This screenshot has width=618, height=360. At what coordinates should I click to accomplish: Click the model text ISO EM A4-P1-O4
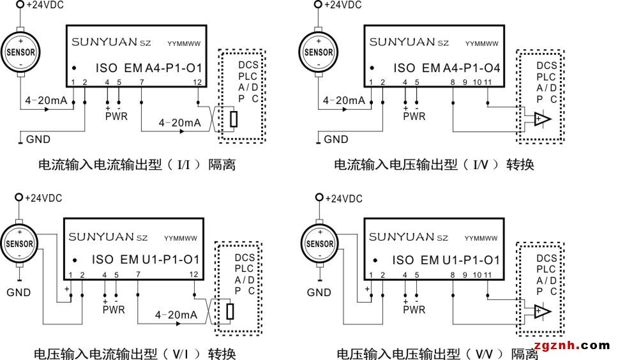pyautogui.click(x=446, y=68)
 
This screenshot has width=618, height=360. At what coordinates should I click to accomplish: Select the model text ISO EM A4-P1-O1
pyautogui.click(x=149, y=68)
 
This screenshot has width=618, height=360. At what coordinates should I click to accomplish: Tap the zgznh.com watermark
pyautogui.click(x=572, y=345)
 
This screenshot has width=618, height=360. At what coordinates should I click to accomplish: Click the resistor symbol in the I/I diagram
pyautogui.click(x=234, y=119)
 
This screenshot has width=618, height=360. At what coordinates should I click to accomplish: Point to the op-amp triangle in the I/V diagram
pyautogui.click(x=542, y=119)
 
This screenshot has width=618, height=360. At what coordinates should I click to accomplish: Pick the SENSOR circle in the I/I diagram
pyautogui.click(x=20, y=52)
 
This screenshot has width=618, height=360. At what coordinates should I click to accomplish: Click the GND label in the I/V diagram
pyautogui.click(x=336, y=139)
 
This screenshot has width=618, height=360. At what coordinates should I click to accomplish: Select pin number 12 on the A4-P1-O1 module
pyautogui.click(x=197, y=82)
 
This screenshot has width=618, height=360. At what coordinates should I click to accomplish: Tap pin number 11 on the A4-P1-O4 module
pyautogui.click(x=488, y=82)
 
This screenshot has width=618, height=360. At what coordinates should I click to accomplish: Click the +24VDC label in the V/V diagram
pyautogui.click(x=343, y=199)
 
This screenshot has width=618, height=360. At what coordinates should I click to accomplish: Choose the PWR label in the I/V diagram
pyautogui.click(x=414, y=117)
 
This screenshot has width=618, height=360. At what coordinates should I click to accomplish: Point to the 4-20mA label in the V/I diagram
pyautogui.click(x=176, y=315)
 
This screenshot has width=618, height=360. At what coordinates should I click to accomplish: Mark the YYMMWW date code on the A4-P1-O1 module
pyautogui.click(x=184, y=43)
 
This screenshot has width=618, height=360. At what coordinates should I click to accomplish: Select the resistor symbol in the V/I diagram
pyautogui.click(x=230, y=311)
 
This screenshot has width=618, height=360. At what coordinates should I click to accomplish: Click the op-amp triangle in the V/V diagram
pyautogui.click(x=542, y=311)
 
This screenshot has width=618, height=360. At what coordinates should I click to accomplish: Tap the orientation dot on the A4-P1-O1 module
pyautogui.click(x=74, y=68)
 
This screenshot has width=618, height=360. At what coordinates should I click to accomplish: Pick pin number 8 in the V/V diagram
pyautogui.click(x=453, y=275)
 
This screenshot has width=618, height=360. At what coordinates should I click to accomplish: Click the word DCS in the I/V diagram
pyautogui.click(x=546, y=65)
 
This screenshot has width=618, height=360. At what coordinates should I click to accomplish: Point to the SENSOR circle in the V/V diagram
pyautogui.click(x=320, y=243)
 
